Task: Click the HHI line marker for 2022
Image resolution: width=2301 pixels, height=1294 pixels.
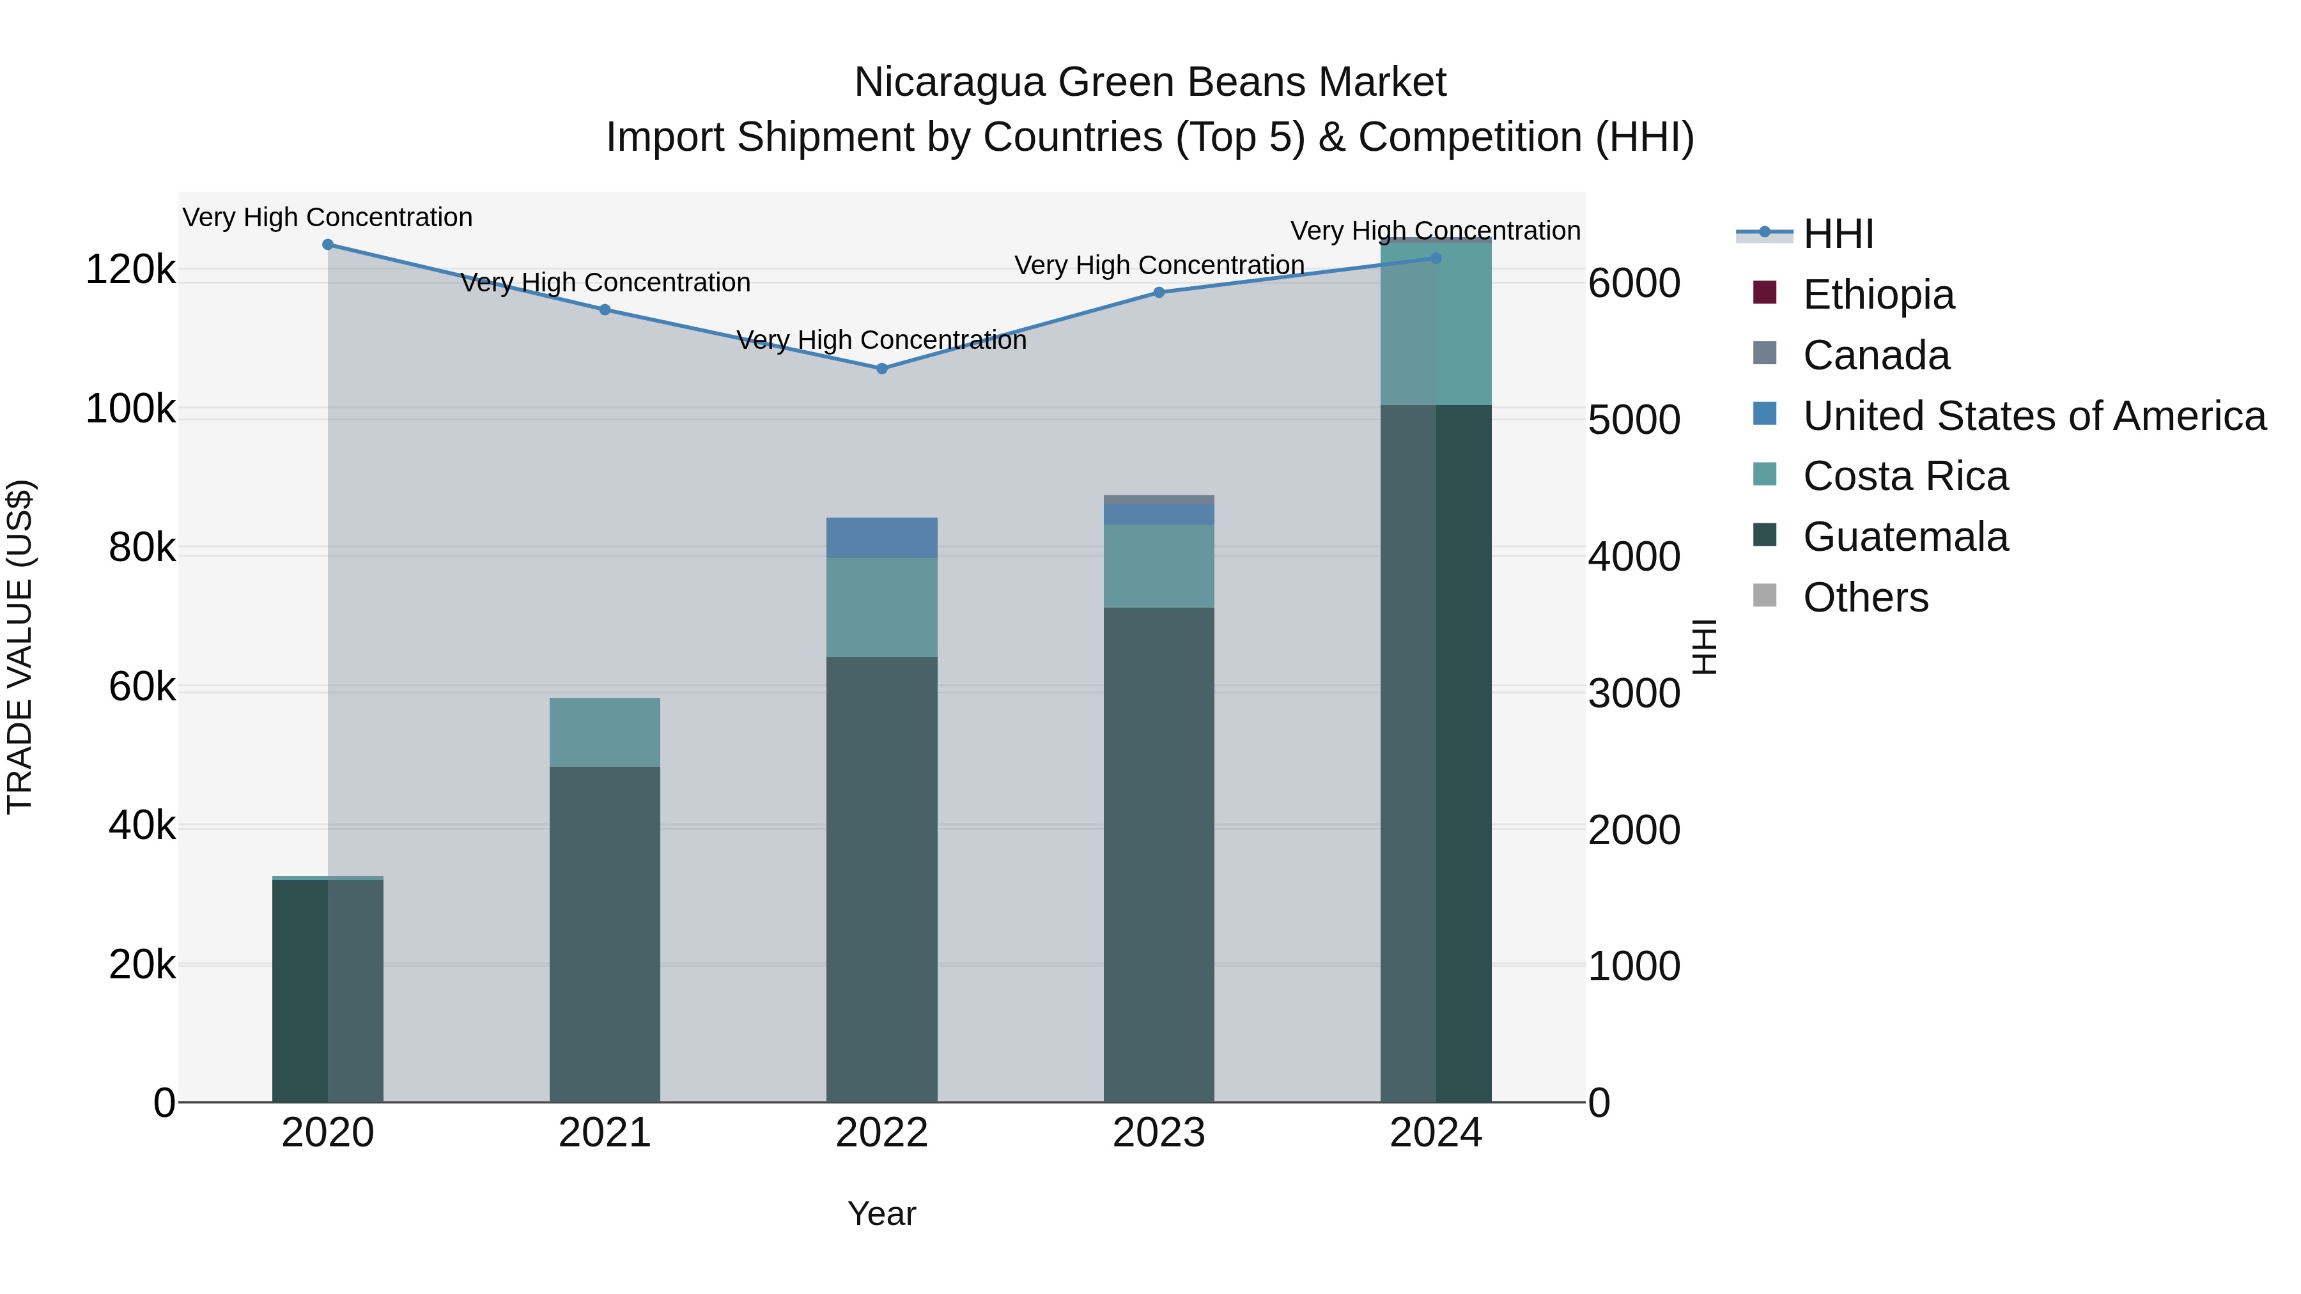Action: coord(881,368)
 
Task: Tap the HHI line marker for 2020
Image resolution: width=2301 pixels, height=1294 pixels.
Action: coord(328,245)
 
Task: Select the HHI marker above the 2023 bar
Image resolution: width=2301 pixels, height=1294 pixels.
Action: coord(1159,292)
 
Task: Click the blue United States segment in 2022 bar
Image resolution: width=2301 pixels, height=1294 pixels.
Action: coord(881,537)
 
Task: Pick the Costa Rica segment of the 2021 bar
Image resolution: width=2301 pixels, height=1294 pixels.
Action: coord(605,732)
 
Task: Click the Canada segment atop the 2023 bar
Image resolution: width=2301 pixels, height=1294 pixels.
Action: coord(1159,499)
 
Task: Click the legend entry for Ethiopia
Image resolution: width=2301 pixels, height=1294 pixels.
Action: coord(1878,295)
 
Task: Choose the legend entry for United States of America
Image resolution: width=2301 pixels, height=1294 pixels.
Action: coord(2034,416)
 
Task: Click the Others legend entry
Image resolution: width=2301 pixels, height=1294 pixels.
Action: coord(1865,597)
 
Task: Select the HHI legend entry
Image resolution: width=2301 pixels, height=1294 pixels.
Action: coord(1838,234)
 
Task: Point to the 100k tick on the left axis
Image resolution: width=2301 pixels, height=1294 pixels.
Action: coord(130,410)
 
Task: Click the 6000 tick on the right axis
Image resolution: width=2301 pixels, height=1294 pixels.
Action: coord(1634,284)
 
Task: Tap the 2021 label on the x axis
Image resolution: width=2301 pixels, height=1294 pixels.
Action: coord(605,1133)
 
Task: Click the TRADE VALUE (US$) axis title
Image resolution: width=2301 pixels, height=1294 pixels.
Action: coord(20,647)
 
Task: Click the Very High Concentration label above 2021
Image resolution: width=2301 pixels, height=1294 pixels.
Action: coord(605,283)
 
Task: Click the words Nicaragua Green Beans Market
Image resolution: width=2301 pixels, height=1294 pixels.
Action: coord(1150,82)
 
